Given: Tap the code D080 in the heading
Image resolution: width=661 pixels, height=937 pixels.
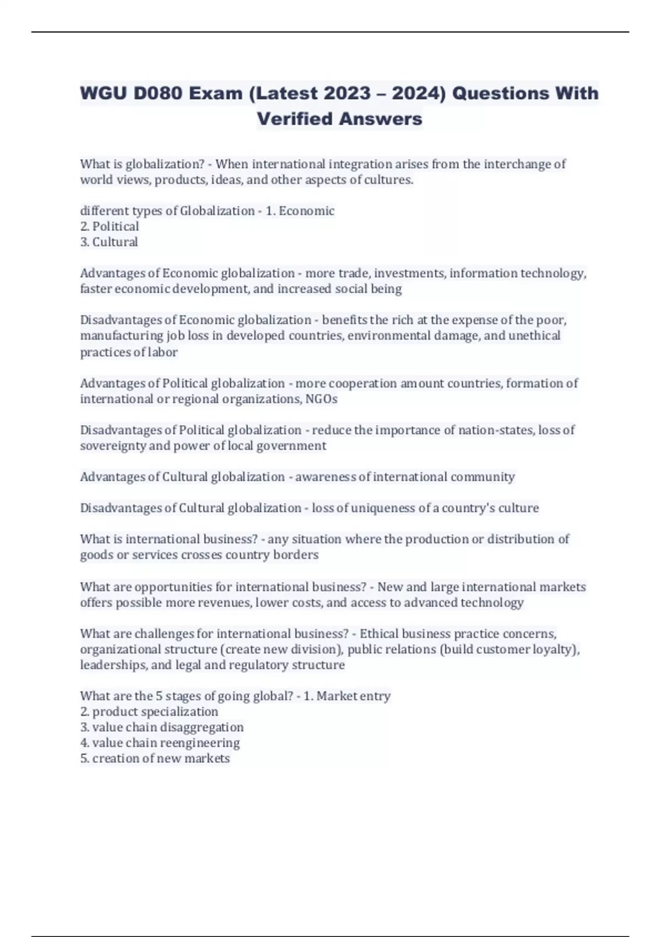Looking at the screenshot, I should click(x=158, y=93).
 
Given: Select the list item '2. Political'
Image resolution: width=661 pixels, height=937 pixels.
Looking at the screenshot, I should click(x=110, y=227).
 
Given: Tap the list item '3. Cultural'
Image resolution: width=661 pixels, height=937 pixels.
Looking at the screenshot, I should click(x=109, y=242).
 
